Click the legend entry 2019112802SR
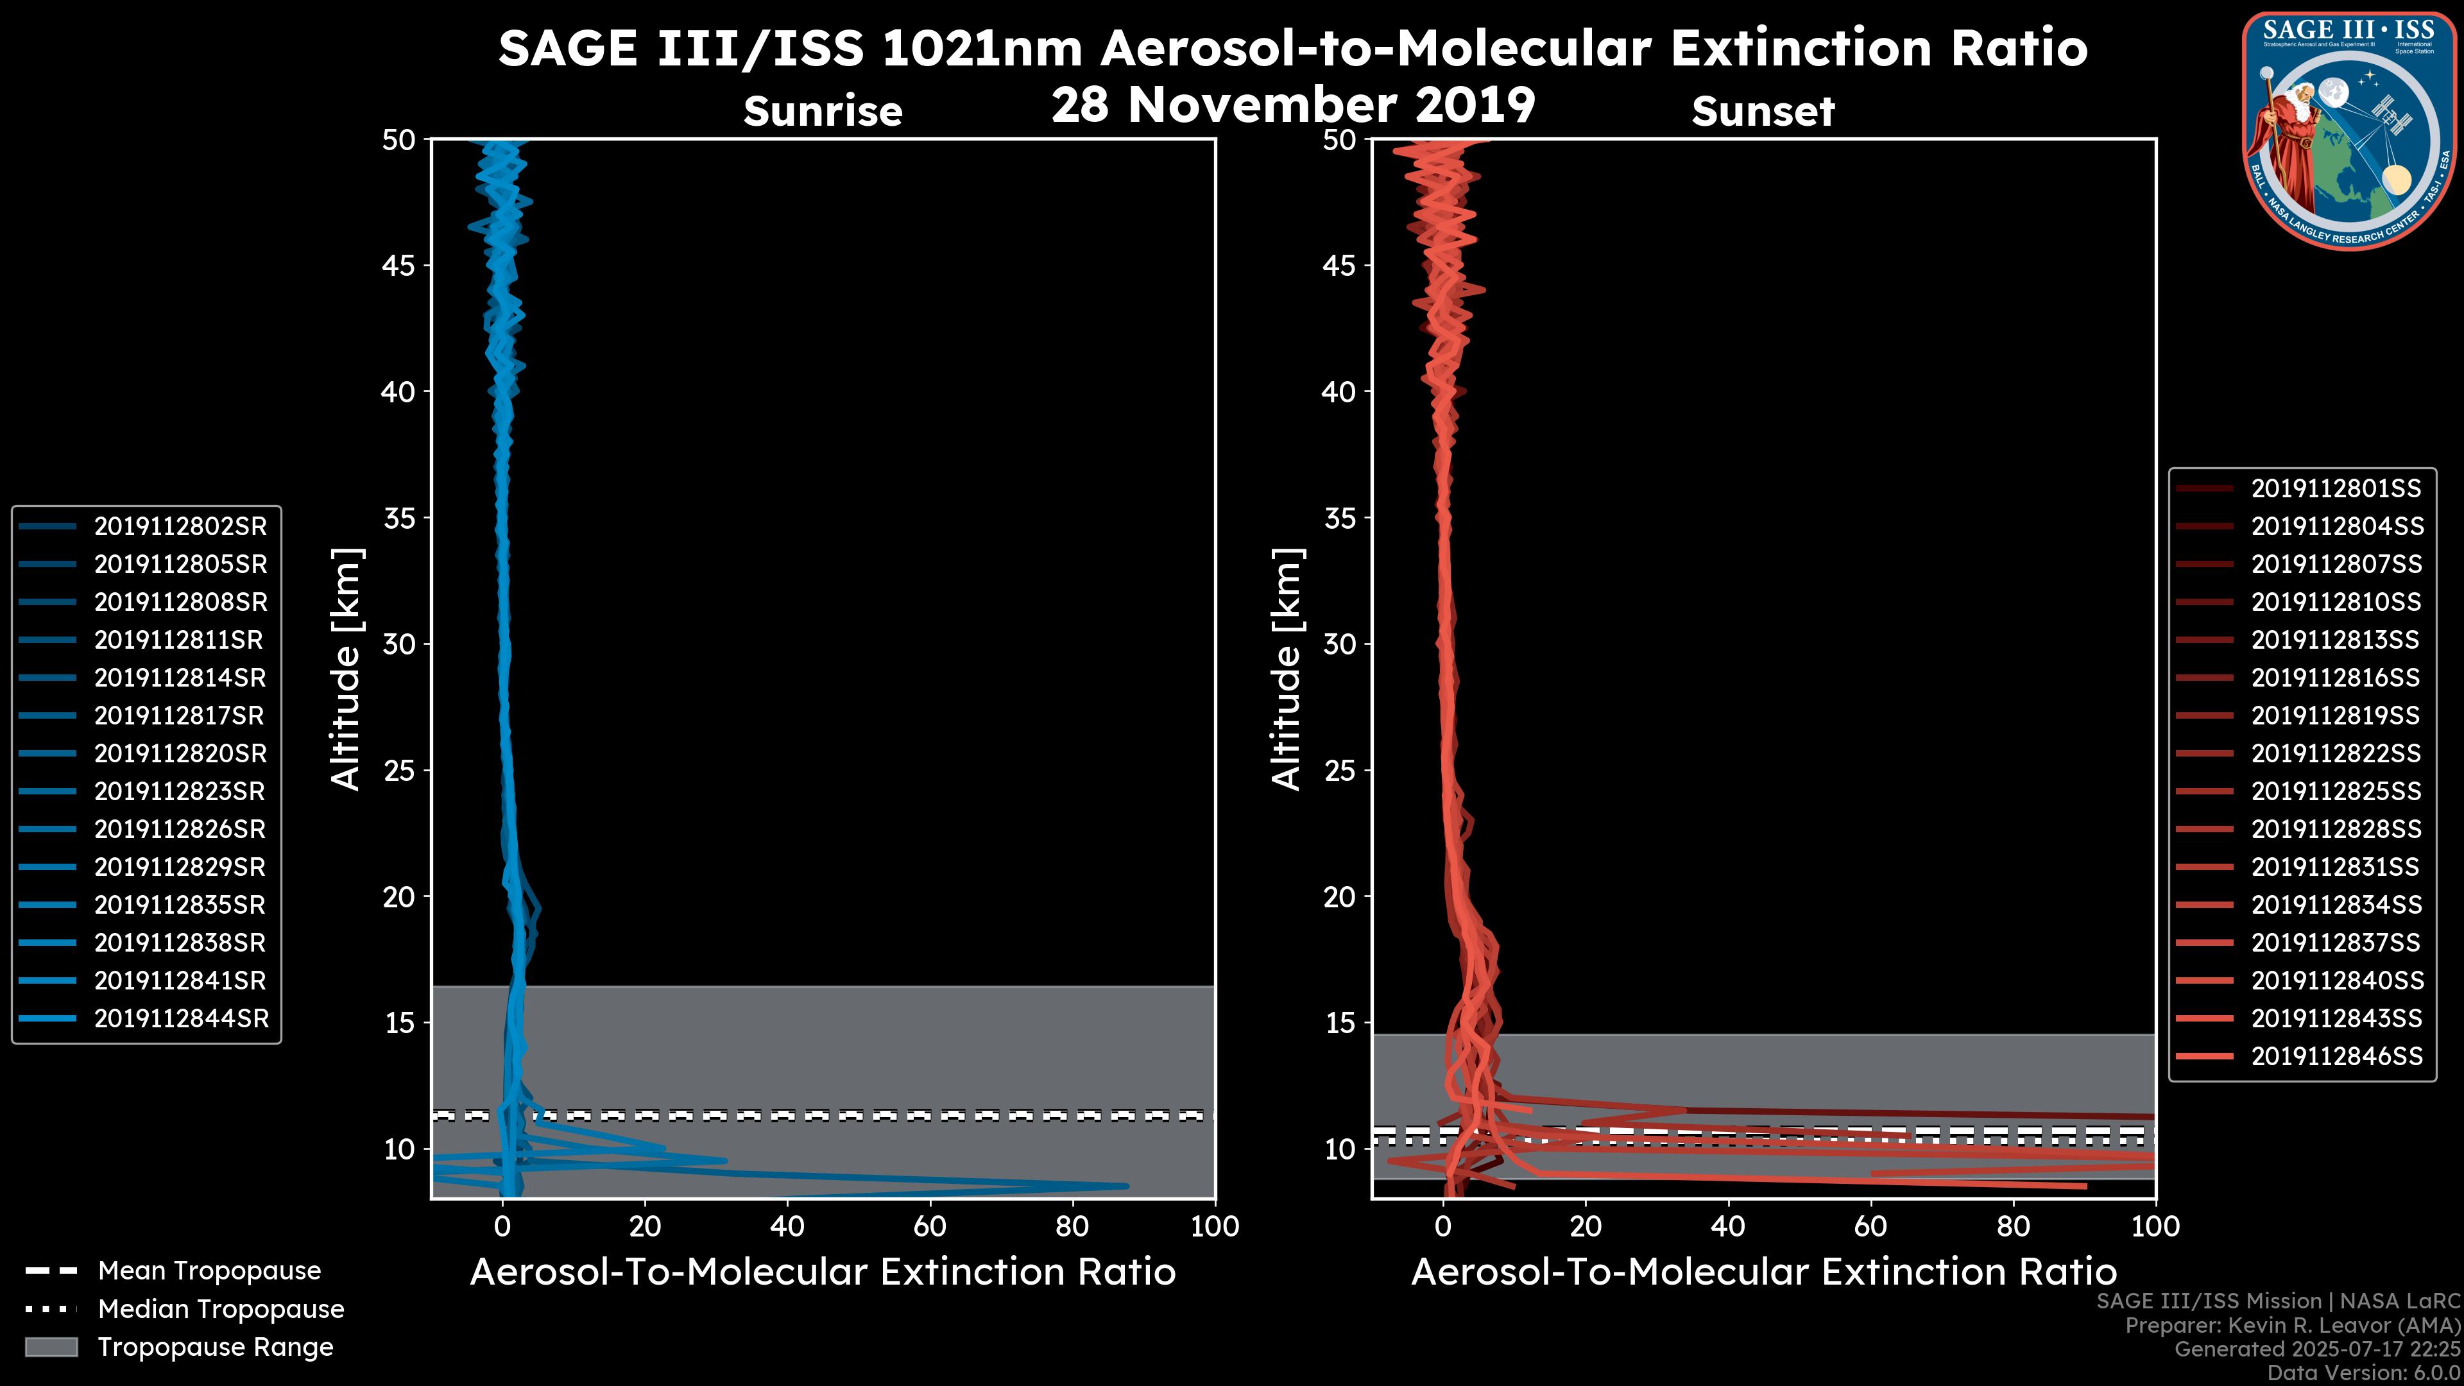tap(180, 526)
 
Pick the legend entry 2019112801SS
tap(2335, 489)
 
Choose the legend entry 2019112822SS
tap(2335, 754)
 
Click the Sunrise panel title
tap(823, 112)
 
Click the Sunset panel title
tap(1763, 112)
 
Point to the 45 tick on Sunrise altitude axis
tap(399, 265)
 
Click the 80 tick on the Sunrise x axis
tap(1072, 1226)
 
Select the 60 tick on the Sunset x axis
tap(1871, 1226)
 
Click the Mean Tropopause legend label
tap(209, 1271)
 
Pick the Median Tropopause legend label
tap(221, 1310)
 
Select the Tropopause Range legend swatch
tap(51, 1347)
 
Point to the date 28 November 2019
tap(1293, 105)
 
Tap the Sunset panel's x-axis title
tap(1763, 1272)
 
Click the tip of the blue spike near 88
tap(1127, 1186)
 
